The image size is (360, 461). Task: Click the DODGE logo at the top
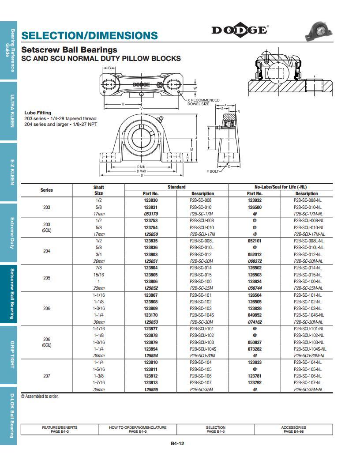tap(240, 30)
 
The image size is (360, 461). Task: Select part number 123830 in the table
tap(150, 200)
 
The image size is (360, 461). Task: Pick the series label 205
tap(47, 278)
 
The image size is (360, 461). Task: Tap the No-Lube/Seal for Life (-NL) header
tap(281, 187)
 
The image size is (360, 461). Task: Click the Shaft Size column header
tap(98, 190)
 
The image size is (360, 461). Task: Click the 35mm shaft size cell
tap(98, 389)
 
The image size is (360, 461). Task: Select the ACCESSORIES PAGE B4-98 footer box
tap(293, 429)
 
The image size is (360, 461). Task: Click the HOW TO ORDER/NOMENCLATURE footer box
tap(138, 429)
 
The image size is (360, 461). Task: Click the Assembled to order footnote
tap(40, 397)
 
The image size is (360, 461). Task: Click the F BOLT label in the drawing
tap(213, 171)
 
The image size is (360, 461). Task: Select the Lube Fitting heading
tap(37, 113)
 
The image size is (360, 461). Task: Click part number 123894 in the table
tap(150, 349)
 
